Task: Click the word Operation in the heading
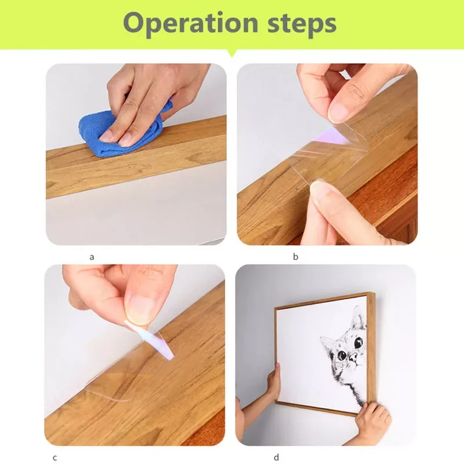[x=191, y=23]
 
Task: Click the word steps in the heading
[x=302, y=23]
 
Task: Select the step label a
[x=92, y=257]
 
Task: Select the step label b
[x=295, y=256]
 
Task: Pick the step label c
[x=55, y=458]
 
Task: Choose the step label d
[x=276, y=457]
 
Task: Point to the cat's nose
[x=353, y=359]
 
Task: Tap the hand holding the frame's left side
[x=274, y=382]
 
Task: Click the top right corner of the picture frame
[x=374, y=293]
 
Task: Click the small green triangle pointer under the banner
[x=232, y=53]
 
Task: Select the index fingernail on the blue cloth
[x=106, y=136]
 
